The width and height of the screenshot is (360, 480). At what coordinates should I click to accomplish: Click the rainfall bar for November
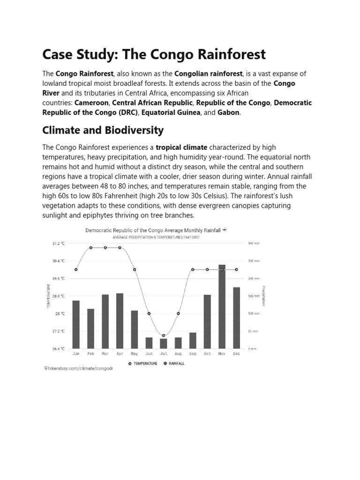(x=222, y=307)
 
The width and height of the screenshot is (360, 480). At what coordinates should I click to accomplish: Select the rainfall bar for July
(x=164, y=344)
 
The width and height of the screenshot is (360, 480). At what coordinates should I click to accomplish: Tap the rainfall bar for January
(x=76, y=324)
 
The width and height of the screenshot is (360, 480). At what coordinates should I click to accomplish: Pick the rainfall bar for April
(x=120, y=321)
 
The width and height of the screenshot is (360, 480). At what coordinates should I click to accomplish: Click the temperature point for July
(x=164, y=336)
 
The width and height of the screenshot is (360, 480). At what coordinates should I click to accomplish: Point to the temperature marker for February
(x=90, y=247)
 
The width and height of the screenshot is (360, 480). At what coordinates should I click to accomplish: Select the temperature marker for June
(x=149, y=314)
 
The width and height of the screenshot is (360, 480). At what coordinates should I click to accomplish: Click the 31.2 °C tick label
(x=58, y=244)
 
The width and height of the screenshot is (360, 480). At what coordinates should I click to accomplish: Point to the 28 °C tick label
(x=61, y=314)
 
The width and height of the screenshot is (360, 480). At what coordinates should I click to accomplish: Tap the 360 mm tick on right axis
(x=254, y=244)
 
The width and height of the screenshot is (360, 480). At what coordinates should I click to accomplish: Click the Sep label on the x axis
(x=193, y=354)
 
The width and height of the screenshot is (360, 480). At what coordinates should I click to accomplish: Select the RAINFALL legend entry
(x=173, y=363)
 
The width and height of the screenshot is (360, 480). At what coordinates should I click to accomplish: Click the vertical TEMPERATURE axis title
(x=48, y=296)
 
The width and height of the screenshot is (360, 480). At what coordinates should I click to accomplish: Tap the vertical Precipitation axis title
(x=263, y=296)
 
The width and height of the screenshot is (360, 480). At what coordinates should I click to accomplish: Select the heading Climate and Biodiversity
(x=103, y=130)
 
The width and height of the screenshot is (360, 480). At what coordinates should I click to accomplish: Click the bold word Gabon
(x=229, y=112)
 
